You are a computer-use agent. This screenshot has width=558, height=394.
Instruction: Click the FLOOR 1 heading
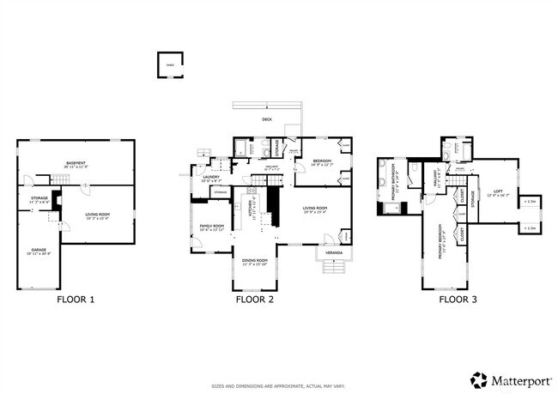point(76,300)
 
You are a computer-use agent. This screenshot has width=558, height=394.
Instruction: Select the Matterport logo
point(508,379)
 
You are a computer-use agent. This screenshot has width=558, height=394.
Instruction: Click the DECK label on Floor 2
point(267,120)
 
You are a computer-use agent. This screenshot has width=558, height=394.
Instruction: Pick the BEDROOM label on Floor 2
point(322,161)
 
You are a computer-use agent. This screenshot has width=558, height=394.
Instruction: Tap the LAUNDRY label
point(210,178)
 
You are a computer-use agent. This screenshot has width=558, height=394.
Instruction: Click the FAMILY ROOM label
point(211,227)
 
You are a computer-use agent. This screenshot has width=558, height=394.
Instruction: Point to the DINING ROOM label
point(254,260)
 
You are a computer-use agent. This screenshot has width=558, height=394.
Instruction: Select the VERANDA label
point(331,252)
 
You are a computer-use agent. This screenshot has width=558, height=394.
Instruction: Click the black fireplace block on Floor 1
point(57,200)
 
